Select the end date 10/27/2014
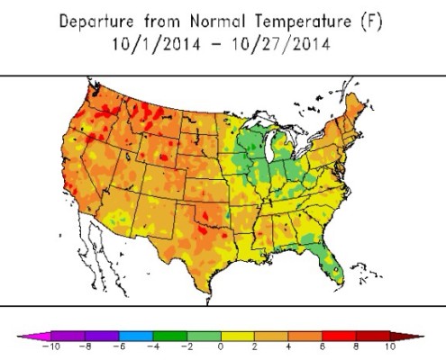pos(277,41)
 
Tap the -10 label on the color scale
pos(41,346)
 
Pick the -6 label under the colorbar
pos(114,346)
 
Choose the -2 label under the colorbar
pos(187,346)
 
